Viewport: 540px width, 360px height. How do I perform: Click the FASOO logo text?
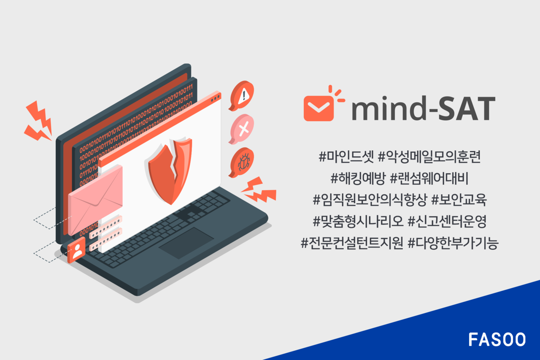pos(497,339)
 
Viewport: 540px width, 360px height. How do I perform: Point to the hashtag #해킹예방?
pos(358,179)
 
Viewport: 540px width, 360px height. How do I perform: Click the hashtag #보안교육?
pos(459,200)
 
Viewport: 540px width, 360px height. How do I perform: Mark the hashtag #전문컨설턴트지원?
pos(352,244)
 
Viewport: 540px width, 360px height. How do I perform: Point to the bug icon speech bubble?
pos(242,161)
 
